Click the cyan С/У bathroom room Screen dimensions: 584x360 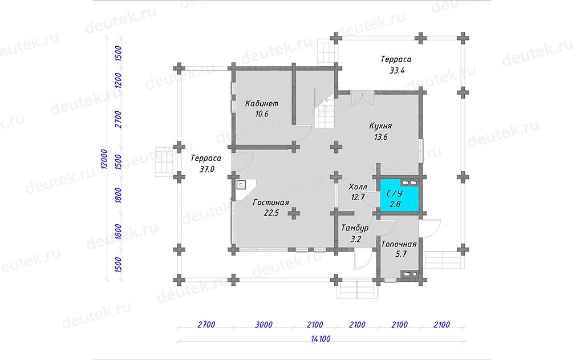point(399,195)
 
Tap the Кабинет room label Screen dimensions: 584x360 point(261,103)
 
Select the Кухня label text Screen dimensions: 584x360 point(380,126)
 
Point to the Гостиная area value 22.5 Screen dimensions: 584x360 point(271,213)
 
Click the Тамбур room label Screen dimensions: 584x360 point(355,228)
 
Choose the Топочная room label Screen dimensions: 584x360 point(399,245)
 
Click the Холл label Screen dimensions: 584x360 point(358,187)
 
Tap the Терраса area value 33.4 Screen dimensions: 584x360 point(397,70)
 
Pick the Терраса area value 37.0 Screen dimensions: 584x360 point(206,169)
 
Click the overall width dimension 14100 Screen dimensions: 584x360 point(321,339)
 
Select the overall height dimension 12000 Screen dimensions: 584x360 point(104,159)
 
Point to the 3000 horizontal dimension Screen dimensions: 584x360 point(263,325)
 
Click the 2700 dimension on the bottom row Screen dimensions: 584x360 point(206,325)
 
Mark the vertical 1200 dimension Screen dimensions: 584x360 point(118,80)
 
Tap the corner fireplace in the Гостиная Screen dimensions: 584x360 point(245,189)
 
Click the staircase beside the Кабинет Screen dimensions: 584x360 point(325,111)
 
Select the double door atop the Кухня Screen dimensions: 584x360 point(362,98)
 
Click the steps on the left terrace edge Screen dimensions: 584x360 point(164,161)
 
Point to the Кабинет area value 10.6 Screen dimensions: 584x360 point(261,114)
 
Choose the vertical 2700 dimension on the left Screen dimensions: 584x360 point(118,119)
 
